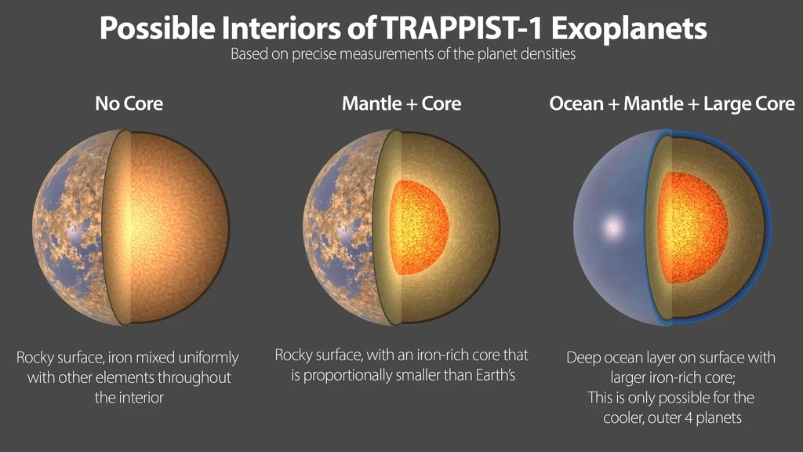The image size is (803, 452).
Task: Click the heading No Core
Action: [x=129, y=103]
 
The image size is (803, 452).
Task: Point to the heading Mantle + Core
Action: [x=401, y=103]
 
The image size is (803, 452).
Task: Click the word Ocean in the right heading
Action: [x=576, y=103]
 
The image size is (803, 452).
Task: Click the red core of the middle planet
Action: [x=420, y=228]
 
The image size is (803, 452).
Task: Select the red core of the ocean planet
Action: [x=690, y=228]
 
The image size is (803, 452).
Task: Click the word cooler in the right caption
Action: [x=623, y=417]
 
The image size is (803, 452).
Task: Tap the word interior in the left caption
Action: [x=141, y=397]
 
